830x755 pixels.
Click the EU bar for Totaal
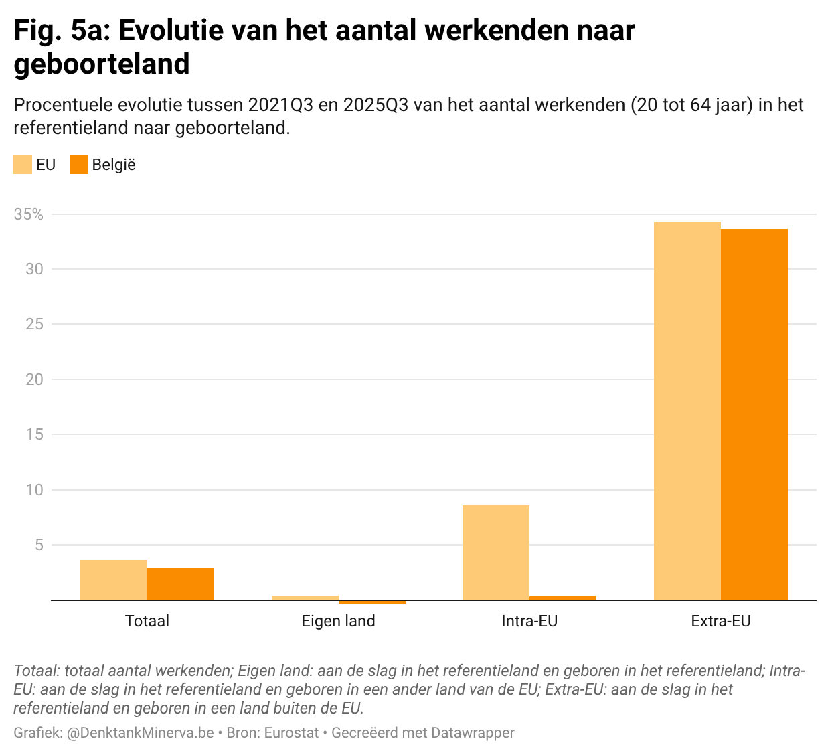[x=114, y=580]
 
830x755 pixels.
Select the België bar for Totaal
[x=181, y=584]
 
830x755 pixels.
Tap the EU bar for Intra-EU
[x=496, y=552]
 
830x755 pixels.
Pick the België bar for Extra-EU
[x=754, y=414]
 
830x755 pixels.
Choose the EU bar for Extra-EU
[x=687, y=410]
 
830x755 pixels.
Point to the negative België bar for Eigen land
[x=372, y=602]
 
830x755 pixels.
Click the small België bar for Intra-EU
[x=563, y=598]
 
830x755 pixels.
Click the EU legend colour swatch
[x=23, y=165]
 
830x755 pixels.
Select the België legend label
[x=114, y=165]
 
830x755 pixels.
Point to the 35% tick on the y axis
[x=29, y=214]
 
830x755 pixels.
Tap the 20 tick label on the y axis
[x=34, y=380]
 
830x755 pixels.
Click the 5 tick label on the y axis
[x=39, y=545]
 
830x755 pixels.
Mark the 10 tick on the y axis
[x=34, y=490]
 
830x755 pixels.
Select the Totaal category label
[x=147, y=621]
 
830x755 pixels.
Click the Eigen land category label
[x=339, y=621]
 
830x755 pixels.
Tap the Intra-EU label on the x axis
[x=529, y=621]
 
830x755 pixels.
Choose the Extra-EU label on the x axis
[x=721, y=621]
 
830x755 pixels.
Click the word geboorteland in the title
[x=102, y=64]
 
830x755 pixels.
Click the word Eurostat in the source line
[x=291, y=733]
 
